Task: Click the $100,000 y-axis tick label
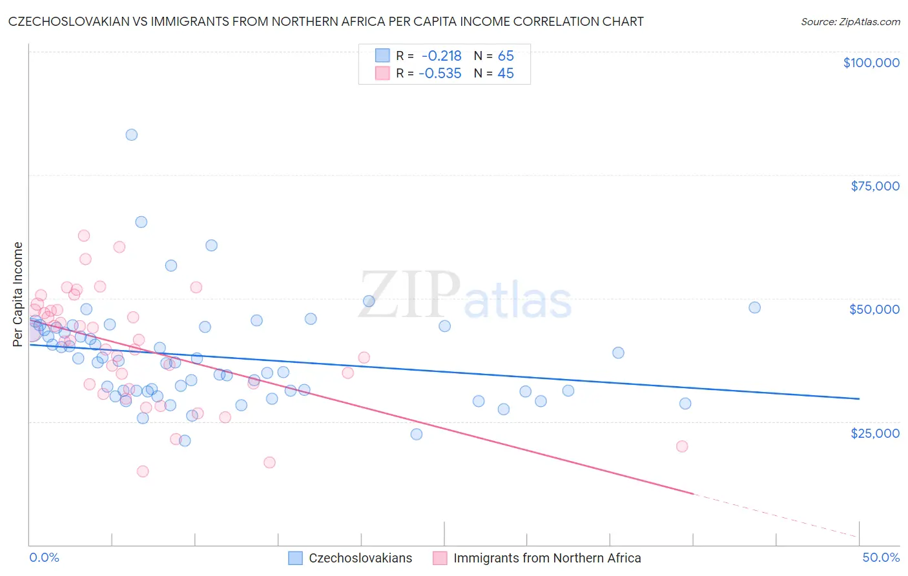871,63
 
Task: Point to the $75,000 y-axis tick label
874,186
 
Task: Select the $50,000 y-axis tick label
874,309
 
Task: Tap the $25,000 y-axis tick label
874,433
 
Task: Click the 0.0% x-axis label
44,557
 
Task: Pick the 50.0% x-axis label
880,557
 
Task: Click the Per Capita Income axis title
18,294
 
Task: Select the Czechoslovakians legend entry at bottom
360,558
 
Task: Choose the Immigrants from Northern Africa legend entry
546,558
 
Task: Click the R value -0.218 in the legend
441,56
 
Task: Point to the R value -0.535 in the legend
440,74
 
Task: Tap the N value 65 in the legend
506,56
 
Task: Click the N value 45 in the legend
506,74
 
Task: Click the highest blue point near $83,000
131,135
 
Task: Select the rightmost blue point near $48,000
754,307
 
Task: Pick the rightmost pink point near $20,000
682,446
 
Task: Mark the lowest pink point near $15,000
143,471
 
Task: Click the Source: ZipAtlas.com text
850,22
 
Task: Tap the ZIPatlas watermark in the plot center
465,295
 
